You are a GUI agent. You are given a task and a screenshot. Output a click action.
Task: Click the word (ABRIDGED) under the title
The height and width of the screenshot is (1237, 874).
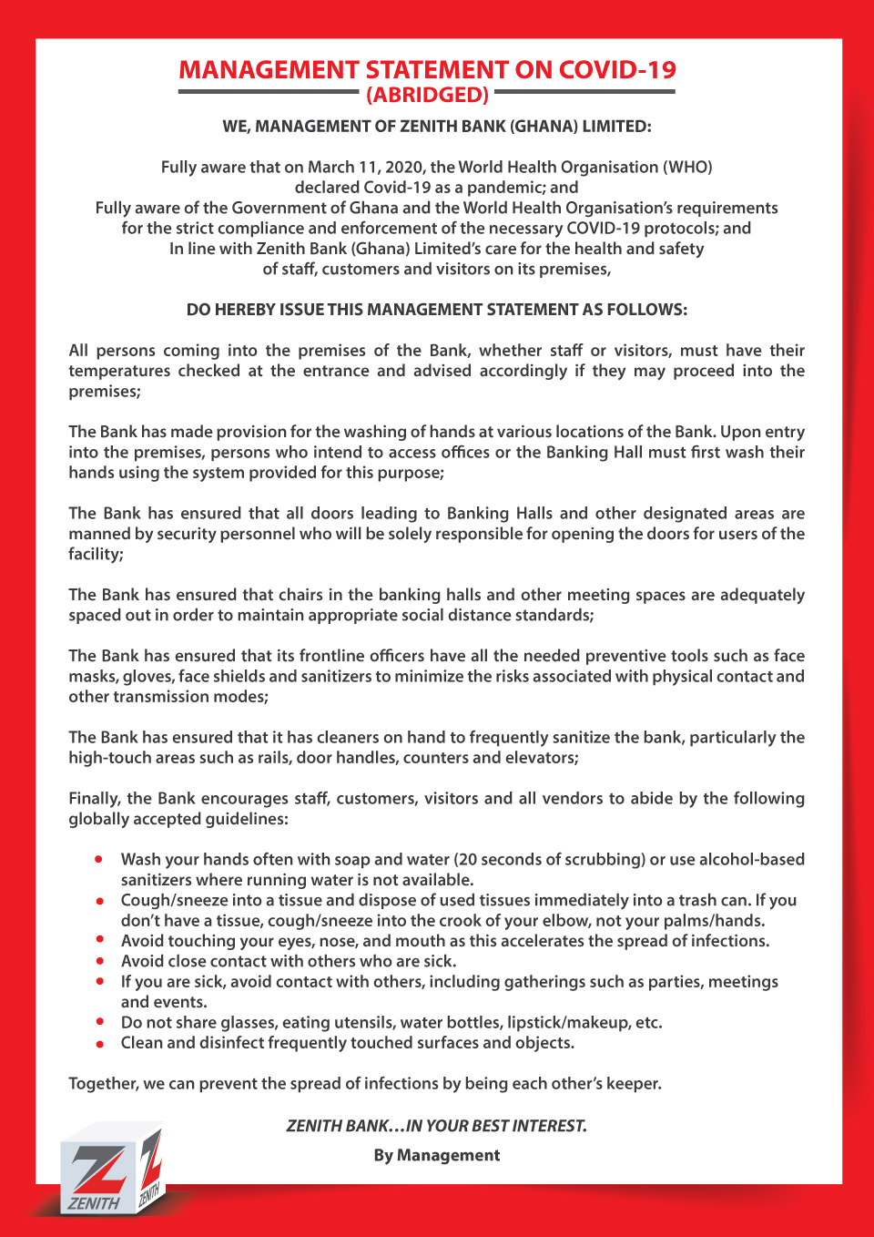click(427, 95)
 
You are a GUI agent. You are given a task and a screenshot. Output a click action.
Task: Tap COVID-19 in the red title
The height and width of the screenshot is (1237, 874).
click(617, 70)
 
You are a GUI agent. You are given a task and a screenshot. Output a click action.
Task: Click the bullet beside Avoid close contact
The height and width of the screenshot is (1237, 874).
click(99, 961)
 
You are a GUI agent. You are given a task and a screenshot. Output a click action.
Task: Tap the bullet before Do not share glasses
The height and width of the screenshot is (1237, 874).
click(99, 1022)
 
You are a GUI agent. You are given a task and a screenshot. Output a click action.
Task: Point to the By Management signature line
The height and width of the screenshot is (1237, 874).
click(436, 1155)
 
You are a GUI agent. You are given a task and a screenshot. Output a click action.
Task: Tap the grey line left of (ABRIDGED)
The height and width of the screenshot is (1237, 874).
click(269, 92)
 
